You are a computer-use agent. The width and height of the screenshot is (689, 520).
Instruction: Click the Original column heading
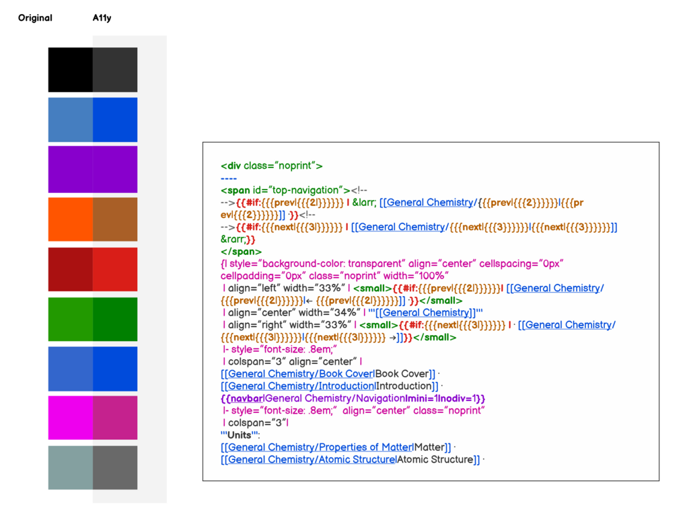click(x=35, y=18)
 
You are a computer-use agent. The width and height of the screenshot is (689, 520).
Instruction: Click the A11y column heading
click(x=102, y=18)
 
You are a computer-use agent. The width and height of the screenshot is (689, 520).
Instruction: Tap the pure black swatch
click(x=70, y=70)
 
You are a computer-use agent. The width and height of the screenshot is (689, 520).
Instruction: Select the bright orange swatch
click(x=70, y=219)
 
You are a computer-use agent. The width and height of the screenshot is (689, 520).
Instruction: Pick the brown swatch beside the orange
click(x=115, y=219)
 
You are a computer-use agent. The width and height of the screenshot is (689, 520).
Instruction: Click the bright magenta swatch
click(x=70, y=418)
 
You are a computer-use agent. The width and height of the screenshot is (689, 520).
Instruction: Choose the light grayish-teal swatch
click(x=70, y=468)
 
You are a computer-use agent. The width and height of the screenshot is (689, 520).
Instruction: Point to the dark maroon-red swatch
click(x=70, y=269)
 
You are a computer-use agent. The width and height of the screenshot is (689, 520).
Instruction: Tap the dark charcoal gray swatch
click(x=115, y=70)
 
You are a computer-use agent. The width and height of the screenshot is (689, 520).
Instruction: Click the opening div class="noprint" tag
click(x=272, y=166)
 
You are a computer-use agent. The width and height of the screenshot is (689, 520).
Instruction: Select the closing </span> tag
click(x=241, y=252)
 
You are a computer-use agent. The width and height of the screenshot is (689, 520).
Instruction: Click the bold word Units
click(x=239, y=435)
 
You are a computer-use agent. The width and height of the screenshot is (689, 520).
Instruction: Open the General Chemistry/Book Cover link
click(x=301, y=374)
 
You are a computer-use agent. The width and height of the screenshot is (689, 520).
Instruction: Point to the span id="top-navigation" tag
click(x=285, y=190)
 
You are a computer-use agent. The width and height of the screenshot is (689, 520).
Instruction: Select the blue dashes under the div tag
click(x=229, y=178)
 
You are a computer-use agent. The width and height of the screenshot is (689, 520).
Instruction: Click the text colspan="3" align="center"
click(x=292, y=361)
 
